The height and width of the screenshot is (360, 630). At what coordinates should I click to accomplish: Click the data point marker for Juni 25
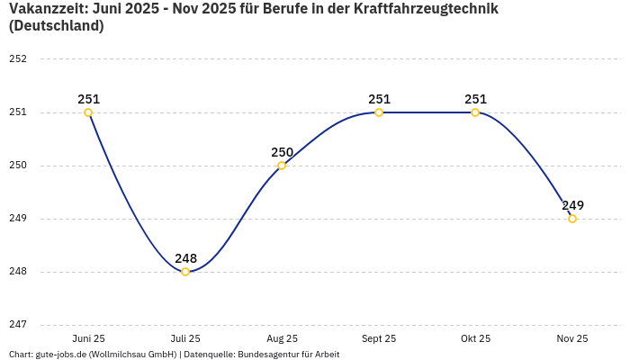(x=88, y=112)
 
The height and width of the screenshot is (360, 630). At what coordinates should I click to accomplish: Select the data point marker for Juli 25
(x=185, y=272)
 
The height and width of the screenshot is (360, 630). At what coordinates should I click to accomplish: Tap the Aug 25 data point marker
(x=282, y=166)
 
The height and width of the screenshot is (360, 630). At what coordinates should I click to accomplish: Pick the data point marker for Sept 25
(x=379, y=112)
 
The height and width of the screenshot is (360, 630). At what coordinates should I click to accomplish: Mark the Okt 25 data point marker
(x=475, y=112)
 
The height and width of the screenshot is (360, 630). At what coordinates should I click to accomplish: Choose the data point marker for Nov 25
(x=572, y=219)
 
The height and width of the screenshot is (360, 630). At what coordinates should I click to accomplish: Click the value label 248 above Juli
(x=185, y=258)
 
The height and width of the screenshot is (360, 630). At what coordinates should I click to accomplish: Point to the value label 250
(x=282, y=152)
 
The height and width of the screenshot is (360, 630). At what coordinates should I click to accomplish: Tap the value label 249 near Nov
(x=572, y=205)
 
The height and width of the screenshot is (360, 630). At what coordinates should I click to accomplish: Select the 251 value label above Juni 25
(x=88, y=99)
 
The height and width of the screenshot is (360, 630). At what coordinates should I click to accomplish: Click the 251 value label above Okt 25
(x=475, y=99)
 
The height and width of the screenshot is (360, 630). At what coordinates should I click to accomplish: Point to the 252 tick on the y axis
(x=18, y=59)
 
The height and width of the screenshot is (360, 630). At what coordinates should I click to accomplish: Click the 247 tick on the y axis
(x=18, y=325)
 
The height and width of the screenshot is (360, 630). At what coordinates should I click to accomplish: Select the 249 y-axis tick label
(x=18, y=219)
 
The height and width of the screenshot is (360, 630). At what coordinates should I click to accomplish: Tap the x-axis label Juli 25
(x=185, y=338)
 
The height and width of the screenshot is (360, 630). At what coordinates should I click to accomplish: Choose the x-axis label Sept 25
(x=379, y=338)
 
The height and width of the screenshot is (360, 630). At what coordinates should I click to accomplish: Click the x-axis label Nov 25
(x=572, y=338)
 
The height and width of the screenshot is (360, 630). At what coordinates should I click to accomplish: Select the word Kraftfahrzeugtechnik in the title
(x=426, y=9)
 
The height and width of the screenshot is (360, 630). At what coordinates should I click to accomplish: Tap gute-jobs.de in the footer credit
(x=63, y=355)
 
